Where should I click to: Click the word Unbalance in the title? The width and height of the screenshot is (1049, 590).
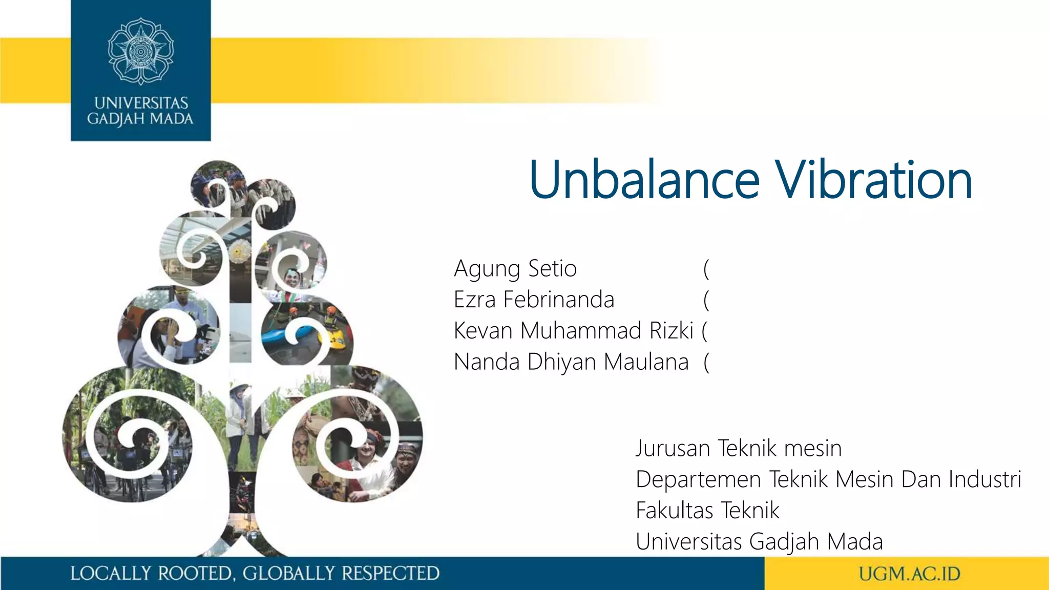point(644,180)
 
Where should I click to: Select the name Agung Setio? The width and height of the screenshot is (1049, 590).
point(515,269)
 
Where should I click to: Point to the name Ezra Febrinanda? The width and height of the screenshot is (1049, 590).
point(534,300)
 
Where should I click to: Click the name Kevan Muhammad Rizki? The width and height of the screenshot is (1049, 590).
point(574,331)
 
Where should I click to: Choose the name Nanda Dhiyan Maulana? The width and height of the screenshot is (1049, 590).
point(571,362)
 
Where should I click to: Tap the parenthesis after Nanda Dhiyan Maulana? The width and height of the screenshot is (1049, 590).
point(706,363)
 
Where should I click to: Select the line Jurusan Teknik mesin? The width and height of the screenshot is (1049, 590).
point(739,449)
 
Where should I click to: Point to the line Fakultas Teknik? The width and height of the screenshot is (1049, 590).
point(707,511)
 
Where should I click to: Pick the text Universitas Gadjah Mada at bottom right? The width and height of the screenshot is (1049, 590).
point(759,542)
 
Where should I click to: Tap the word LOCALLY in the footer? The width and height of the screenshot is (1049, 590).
point(111,574)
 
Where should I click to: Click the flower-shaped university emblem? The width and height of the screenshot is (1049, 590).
point(141,51)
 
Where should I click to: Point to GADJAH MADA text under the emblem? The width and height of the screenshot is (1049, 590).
point(140,119)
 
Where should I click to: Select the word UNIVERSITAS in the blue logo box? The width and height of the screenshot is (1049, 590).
point(141,103)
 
